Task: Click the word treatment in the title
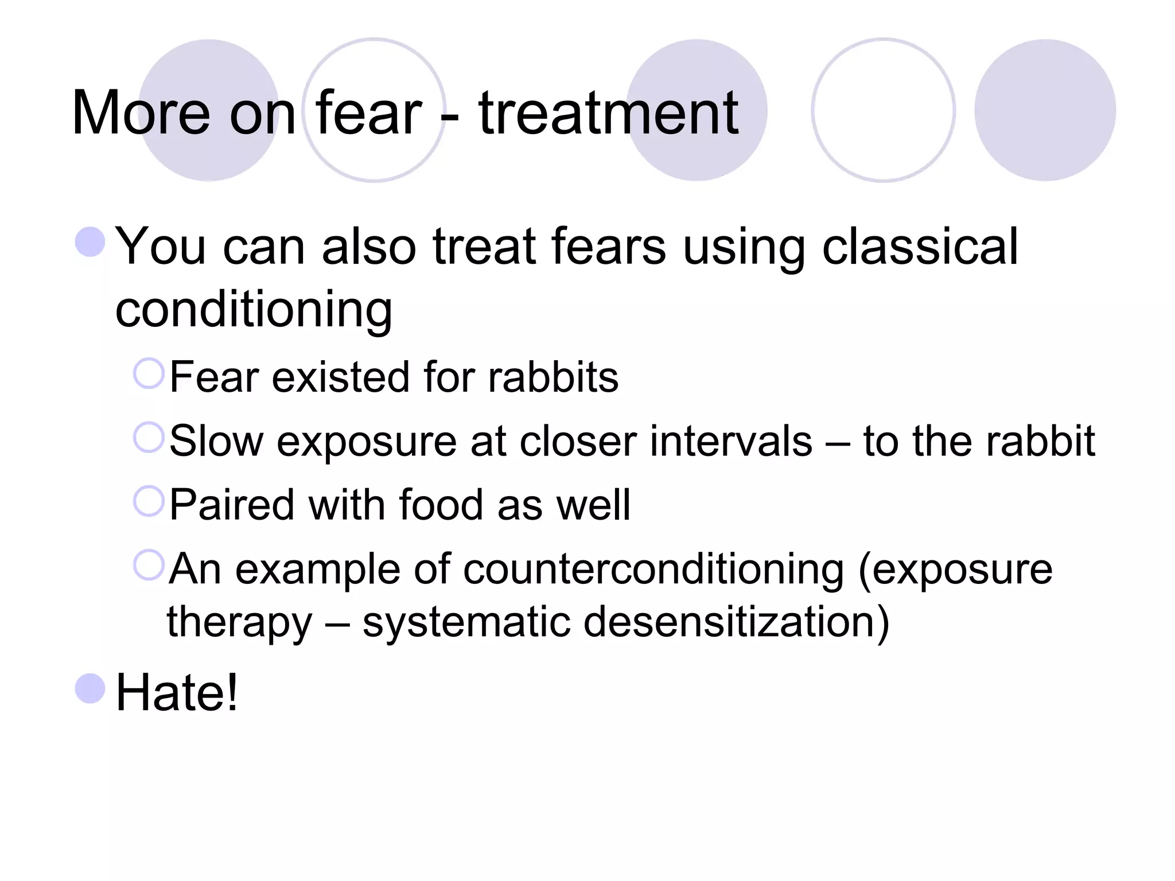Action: (608, 114)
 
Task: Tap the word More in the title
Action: (141, 114)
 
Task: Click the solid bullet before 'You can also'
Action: (90, 241)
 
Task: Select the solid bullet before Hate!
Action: (90, 688)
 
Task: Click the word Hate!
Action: (176, 692)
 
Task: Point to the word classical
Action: (920, 247)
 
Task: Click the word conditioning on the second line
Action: (254, 310)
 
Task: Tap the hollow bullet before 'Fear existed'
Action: (149, 373)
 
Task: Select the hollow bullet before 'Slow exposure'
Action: (149, 437)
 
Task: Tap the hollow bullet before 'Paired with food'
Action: (149, 501)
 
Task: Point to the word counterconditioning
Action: (653, 570)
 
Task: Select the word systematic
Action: (466, 622)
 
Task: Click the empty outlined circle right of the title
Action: (883, 110)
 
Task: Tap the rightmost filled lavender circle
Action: (1045, 110)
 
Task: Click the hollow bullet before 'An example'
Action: (149, 565)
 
